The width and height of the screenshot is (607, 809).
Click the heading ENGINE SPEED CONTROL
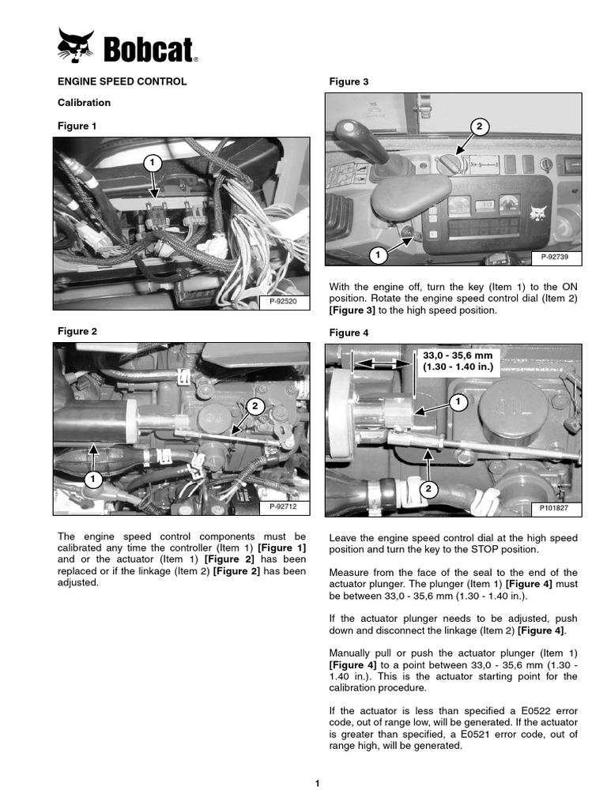click(x=122, y=81)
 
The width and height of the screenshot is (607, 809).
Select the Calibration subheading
click(x=84, y=103)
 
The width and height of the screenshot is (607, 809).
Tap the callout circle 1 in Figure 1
click(x=153, y=163)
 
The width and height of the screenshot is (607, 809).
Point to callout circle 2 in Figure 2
click(x=254, y=406)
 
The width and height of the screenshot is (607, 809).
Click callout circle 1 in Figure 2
click(x=93, y=479)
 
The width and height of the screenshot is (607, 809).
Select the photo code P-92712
click(x=281, y=506)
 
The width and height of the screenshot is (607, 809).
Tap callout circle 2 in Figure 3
click(x=478, y=126)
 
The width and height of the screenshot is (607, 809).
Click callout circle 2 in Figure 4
click(x=428, y=490)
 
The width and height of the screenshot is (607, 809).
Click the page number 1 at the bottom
click(x=317, y=783)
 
